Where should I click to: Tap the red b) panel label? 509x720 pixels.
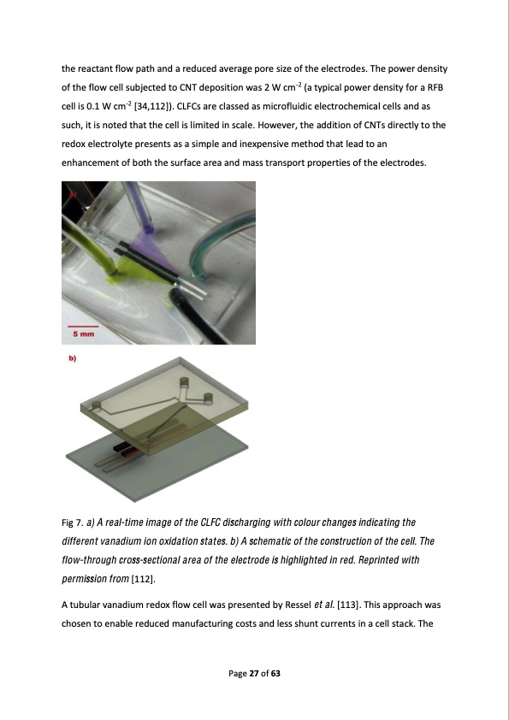pyautogui.click(x=74, y=360)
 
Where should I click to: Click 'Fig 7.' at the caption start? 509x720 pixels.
pyautogui.click(x=74, y=522)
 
